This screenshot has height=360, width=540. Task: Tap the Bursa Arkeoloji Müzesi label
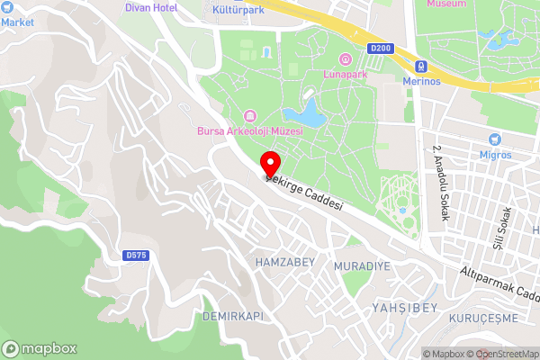(249, 131)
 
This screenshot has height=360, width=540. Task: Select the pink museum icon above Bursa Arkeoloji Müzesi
(249, 116)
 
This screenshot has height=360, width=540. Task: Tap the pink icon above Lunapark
(344, 58)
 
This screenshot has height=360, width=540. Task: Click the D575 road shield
(136, 256)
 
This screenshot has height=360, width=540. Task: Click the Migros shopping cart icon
(494, 139)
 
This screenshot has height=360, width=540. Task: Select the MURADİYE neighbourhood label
(362, 267)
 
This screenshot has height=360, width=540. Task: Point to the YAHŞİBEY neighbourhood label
(404, 308)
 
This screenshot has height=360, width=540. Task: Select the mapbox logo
(40, 348)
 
